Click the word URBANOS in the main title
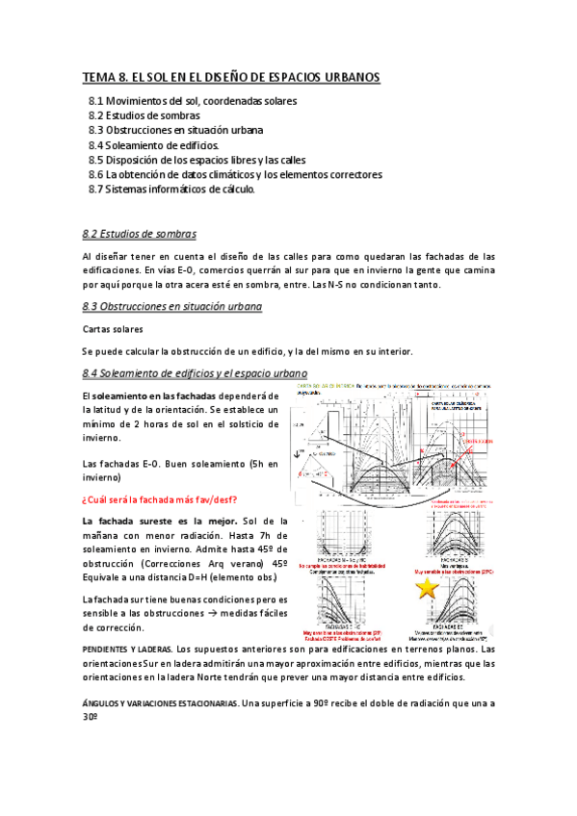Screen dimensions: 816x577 point(342,77)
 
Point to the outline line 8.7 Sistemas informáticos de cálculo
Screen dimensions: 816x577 point(171,190)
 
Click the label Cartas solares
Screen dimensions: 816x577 point(113,329)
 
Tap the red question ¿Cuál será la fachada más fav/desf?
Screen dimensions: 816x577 point(160,498)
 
